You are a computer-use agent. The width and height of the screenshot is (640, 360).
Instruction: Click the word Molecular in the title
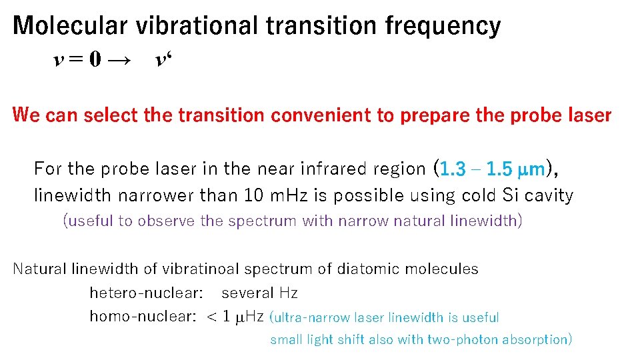[71, 25]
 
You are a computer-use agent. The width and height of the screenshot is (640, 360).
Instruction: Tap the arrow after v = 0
[119, 61]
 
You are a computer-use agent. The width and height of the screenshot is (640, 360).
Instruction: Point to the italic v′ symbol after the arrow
[162, 61]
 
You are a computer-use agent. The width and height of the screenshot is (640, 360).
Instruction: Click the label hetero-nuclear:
[146, 293]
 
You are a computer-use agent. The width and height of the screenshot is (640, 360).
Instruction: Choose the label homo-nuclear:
[142, 316]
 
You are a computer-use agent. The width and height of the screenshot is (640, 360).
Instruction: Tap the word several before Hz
[247, 293]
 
